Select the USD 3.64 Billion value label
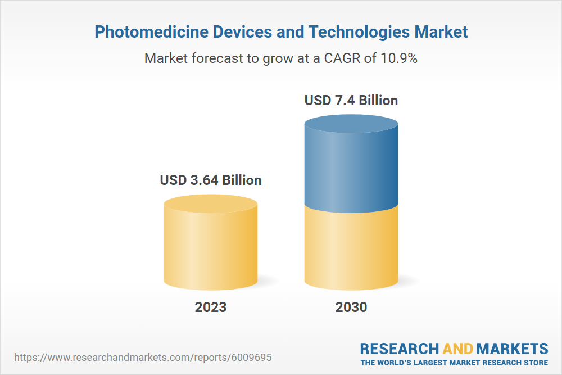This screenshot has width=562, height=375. pos(211,180)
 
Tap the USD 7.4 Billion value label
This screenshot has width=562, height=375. pos(351,101)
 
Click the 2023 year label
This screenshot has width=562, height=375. pos(211,307)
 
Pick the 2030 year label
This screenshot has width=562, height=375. pos(351,307)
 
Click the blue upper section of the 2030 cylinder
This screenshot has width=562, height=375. pos(351,169)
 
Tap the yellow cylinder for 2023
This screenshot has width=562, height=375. pos(211,247)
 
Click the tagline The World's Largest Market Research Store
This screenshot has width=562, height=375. pos(454,362)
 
